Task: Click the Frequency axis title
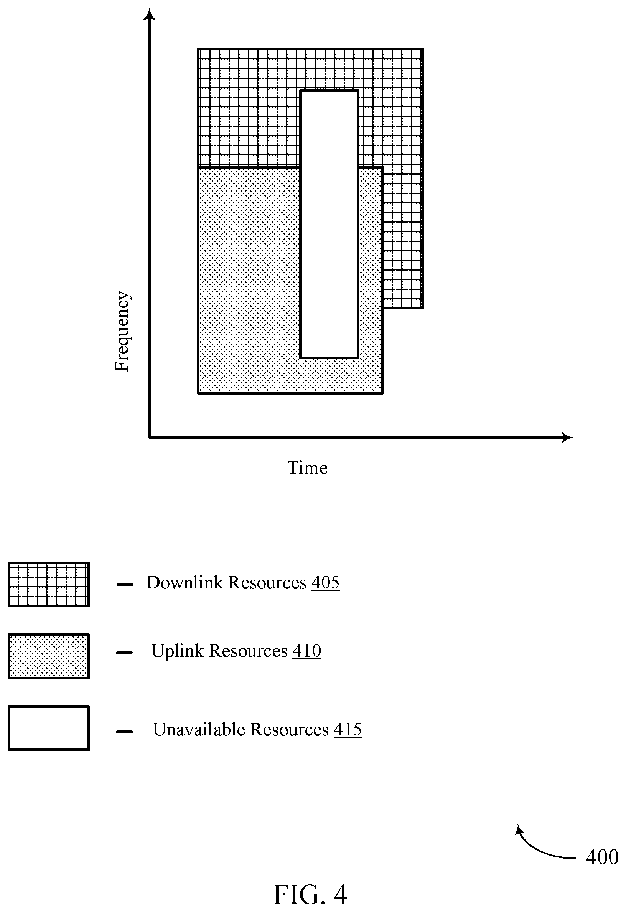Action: coord(122,331)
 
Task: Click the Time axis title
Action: coord(308,468)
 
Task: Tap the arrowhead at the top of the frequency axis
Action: coord(149,14)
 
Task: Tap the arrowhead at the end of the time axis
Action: coord(567,437)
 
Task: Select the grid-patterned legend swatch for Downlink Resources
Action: coord(49,584)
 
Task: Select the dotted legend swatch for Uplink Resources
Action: coord(49,656)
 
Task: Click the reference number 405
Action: coord(326,582)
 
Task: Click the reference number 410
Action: coord(307,651)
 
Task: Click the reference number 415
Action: coord(348,730)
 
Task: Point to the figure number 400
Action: coord(602,857)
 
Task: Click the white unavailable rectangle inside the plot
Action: coord(329,224)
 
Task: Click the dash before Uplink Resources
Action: coord(124,653)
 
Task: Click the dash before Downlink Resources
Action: coord(124,584)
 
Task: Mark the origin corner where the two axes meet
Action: coord(149,437)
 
